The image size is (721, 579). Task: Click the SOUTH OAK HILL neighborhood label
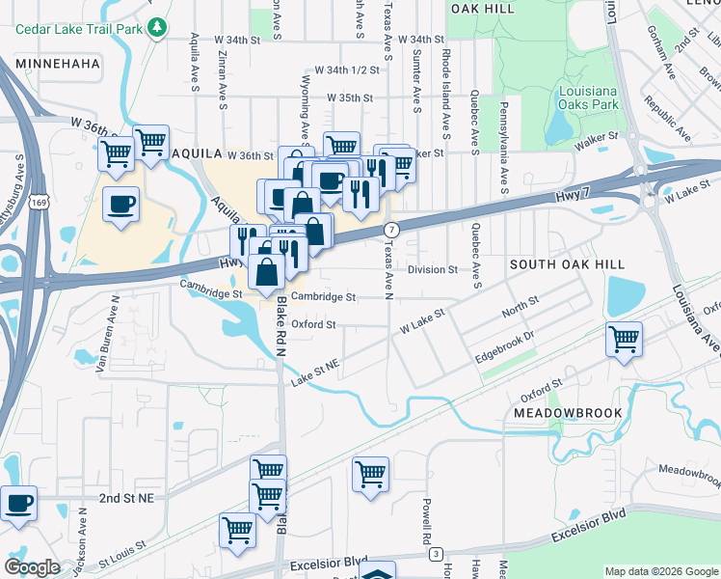coord(567,263)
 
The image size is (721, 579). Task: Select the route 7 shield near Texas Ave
coord(390,230)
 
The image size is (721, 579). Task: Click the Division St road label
coord(432,270)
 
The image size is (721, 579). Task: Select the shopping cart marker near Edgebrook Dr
coord(624,339)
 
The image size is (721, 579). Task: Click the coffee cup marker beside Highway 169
coord(121,205)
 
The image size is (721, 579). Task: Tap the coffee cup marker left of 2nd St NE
coord(18,502)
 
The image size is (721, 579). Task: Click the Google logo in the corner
coord(33,567)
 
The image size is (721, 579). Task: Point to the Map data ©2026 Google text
coord(660,571)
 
